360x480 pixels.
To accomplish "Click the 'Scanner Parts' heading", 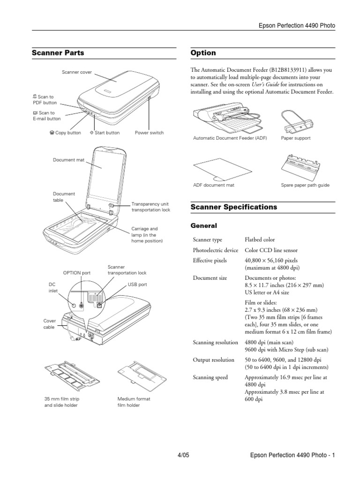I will pyautogui.click(x=58, y=53).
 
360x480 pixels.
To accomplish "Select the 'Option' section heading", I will pyautogui.click(x=203, y=53).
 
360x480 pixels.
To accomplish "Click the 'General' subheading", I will pyautogui.click(x=205, y=225).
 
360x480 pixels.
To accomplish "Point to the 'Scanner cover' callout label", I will pyautogui.click(x=77, y=73).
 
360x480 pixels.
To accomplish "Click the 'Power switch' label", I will pyautogui.click(x=149, y=133).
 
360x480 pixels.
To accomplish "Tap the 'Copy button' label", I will pyautogui.click(x=65, y=133).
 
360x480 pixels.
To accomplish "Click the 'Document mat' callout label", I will pyautogui.click(x=68, y=160).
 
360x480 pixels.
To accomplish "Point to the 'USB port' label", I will pyautogui.click(x=137, y=284).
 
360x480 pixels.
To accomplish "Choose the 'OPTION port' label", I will pyautogui.click(x=77, y=272).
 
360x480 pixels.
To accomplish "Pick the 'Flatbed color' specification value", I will pyautogui.click(x=260, y=240).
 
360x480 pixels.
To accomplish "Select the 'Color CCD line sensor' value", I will pyautogui.click(x=271, y=250).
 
